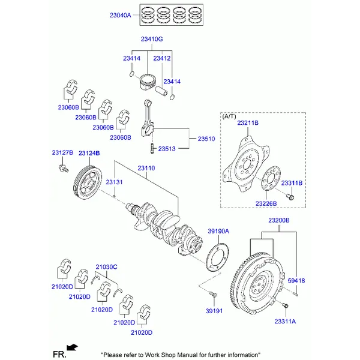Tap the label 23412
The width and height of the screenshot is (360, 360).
[162, 58]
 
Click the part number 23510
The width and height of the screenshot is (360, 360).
[206, 139]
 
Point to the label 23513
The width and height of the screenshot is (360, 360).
[166, 148]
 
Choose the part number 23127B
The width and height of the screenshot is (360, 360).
[62, 153]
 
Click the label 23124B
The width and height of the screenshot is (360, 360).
[89, 154]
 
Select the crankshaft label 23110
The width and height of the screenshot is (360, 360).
[146, 168]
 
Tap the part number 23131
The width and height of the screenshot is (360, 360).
[115, 182]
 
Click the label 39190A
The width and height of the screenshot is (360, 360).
[218, 231]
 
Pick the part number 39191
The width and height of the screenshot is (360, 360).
[214, 311]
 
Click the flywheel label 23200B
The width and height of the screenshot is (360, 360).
[278, 220]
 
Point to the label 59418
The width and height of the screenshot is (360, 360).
[296, 280]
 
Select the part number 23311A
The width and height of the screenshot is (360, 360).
[285, 322]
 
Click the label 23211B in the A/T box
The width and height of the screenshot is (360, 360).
[247, 123]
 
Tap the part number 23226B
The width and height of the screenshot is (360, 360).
[266, 204]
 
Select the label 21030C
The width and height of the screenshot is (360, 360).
[106, 266]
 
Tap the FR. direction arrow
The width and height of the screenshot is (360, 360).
[73, 347]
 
